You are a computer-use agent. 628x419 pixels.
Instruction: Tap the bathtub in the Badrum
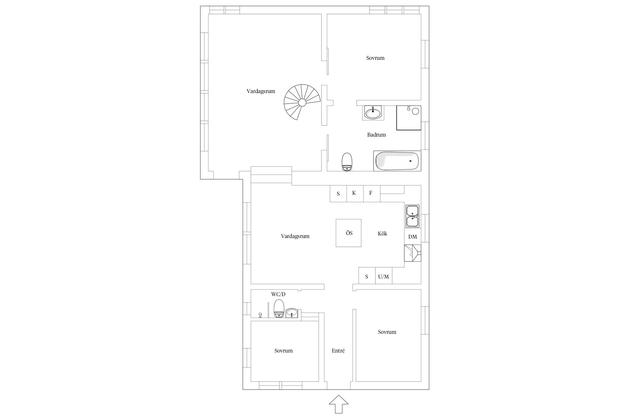(397, 161)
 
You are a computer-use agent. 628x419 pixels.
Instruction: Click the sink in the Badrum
(373, 113)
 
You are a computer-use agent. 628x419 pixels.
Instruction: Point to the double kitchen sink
(413, 216)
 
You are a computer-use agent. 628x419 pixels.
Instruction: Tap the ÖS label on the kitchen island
(349, 233)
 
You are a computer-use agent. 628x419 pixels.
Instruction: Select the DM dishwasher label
(413, 237)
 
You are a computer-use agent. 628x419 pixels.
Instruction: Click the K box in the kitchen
(355, 194)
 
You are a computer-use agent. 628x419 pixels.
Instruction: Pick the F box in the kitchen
(372, 194)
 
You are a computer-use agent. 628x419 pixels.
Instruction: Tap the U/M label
(383, 277)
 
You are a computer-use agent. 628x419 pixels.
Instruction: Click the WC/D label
(278, 294)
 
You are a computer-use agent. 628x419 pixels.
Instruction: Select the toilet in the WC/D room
(279, 309)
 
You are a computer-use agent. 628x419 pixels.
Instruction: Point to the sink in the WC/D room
(292, 313)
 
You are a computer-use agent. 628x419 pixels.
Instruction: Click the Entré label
(338, 351)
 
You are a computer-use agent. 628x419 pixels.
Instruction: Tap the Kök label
(382, 234)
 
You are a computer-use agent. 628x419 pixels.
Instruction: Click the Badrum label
(377, 135)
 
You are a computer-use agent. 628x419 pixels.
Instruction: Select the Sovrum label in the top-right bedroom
(375, 58)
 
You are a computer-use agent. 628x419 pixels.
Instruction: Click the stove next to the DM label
(413, 253)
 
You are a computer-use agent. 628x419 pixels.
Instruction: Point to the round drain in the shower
(416, 111)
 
